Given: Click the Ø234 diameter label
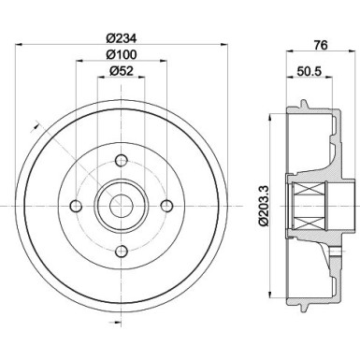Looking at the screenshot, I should pos(121,38).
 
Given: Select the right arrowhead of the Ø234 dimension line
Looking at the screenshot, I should pos(222,47).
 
